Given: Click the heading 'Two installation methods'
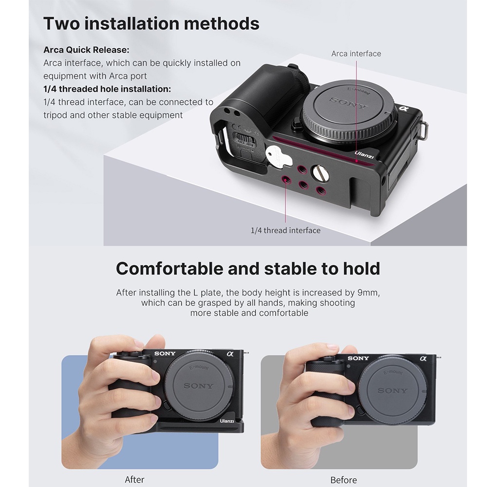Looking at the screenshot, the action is tap(151, 23).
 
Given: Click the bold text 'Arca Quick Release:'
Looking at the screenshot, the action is tap(86, 50).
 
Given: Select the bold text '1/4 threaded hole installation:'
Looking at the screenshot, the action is tap(107, 89).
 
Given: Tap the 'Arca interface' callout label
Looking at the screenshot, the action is tap(356, 54).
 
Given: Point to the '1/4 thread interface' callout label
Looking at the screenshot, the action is tap(285, 230).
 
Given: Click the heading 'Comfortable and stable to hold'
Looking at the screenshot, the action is tap(248, 268).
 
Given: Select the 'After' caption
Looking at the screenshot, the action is tap(134, 480).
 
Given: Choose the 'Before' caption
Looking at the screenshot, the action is tap(343, 480).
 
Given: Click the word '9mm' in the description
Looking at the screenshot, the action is tap(369, 293).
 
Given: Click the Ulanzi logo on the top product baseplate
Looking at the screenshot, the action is tap(364, 154).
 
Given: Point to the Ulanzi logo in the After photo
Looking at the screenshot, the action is tap(227, 421).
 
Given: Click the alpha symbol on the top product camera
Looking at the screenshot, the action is tap(403, 109).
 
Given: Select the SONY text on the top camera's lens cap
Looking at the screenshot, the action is tap(347, 103).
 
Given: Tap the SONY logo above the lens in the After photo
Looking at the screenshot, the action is tap(165, 354).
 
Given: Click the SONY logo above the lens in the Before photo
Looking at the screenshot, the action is tap(358, 358).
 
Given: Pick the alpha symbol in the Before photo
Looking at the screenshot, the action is tap(423, 358).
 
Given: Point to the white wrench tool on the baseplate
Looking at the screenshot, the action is tap(279, 157).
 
